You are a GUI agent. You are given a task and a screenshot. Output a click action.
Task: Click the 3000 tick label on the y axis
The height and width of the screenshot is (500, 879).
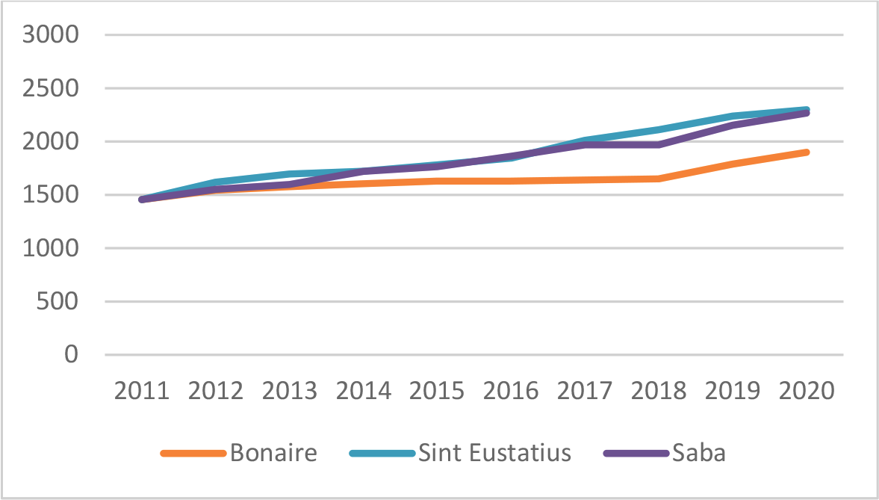coord(50,35)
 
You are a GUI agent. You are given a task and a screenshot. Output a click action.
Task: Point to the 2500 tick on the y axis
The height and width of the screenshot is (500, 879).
coord(50,88)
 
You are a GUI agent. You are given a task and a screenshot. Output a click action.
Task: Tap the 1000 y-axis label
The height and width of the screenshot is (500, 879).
coord(50,248)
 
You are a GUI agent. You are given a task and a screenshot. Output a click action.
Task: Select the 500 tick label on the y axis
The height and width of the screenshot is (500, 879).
coord(59,302)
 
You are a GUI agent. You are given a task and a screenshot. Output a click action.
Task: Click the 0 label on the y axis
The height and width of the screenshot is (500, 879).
coord(72,355)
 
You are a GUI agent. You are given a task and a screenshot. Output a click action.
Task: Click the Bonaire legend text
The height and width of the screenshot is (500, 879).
coord(273,453)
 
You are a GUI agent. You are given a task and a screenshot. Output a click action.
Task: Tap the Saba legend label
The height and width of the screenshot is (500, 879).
coord(698,453)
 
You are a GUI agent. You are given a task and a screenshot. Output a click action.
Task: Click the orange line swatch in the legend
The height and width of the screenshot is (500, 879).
coord(193,454)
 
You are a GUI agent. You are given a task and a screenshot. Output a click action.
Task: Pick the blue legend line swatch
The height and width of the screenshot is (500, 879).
coord(382,454)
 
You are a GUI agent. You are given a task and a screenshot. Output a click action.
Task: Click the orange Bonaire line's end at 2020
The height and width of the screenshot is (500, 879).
coord(807,152)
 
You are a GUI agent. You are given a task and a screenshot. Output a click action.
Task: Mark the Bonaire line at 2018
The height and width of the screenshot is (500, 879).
coord(659,179)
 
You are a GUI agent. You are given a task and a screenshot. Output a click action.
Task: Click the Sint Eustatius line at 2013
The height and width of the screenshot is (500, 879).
coord(290,174)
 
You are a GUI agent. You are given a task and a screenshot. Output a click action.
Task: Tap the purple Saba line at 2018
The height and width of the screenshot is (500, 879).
coord(659,144)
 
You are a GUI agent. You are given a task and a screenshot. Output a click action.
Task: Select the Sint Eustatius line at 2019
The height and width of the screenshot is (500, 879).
coord(733,116)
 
